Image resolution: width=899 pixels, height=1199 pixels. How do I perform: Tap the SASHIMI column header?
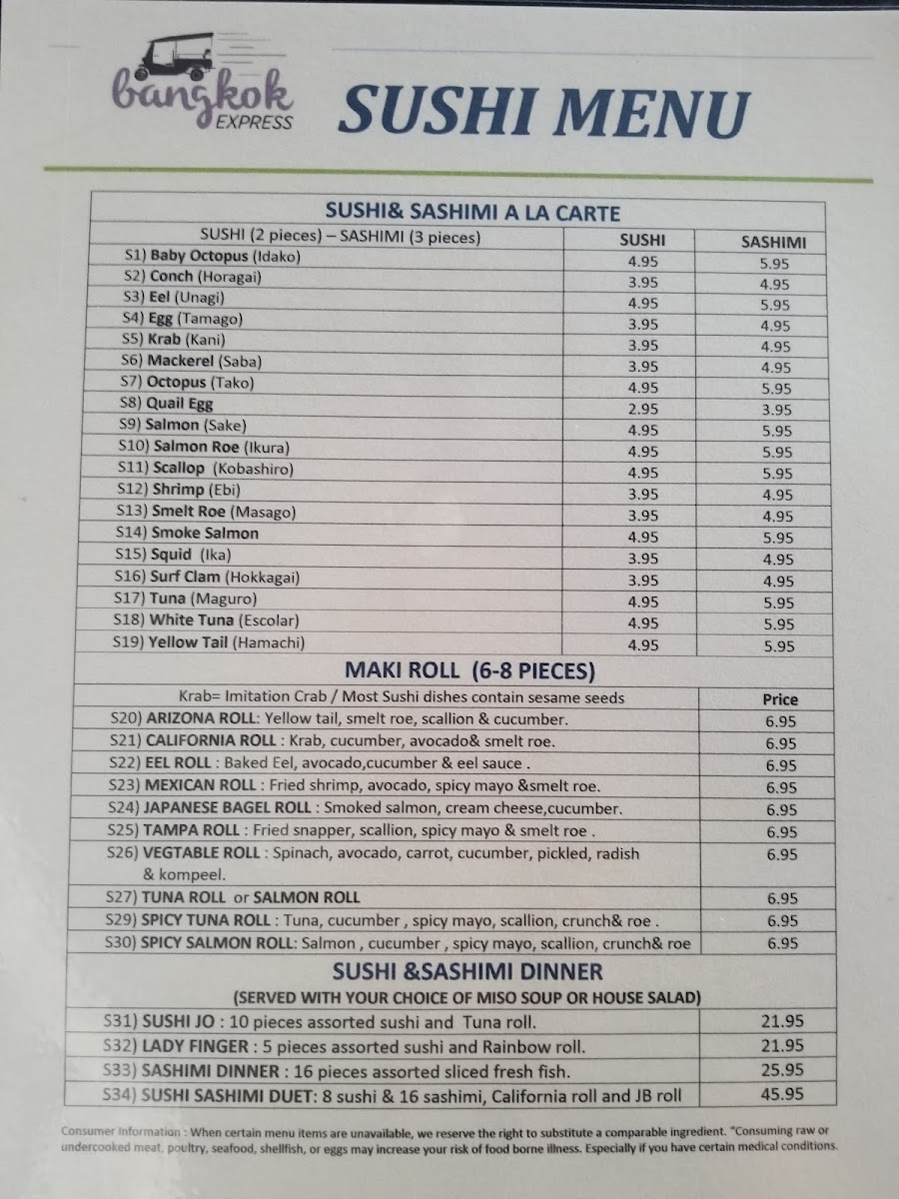coord(773,241)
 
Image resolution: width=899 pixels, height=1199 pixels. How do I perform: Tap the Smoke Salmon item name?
coord(205,533)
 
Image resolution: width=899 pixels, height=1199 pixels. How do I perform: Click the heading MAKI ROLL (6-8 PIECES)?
coord(469,670)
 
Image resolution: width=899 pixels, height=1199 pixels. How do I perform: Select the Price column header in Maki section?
coord(779,699)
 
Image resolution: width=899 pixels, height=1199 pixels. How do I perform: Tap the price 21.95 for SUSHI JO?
coord(783,1022)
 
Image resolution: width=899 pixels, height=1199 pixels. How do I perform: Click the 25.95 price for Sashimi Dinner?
coord(783,1070)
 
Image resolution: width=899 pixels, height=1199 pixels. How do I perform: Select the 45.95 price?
coord(783,1094)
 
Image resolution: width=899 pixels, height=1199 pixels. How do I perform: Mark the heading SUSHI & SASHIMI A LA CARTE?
coord(472,213)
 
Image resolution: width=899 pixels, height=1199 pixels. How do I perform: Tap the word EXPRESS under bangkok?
coord(255,123)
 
